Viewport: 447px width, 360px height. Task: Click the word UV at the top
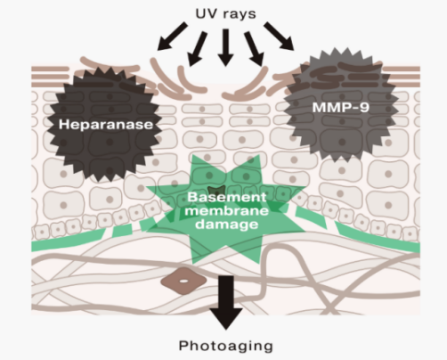point(206,13)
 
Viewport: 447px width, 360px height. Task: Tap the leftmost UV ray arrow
point(173,36)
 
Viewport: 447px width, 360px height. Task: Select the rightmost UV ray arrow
point(279,36)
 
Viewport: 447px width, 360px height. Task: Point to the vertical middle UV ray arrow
point(225,47)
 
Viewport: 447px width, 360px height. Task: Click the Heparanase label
point(106,125)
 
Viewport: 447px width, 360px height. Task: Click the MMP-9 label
point(341,107)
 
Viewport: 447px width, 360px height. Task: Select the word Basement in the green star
point(227,197)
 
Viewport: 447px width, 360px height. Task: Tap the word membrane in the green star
point(228,210)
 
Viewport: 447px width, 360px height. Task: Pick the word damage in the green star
point(227,225)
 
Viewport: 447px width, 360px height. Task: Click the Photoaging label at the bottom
point(225,346)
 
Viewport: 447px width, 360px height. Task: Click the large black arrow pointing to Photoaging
point(226,302)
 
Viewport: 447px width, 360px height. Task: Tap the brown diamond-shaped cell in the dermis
point(183,281)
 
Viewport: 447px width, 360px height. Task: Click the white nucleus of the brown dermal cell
point(183,281)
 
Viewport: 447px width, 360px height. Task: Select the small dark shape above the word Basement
point(216,191)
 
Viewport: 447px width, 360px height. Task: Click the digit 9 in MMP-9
point(365,107)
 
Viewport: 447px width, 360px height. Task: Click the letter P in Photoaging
point(183,346)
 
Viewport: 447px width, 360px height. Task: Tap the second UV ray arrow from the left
point(198,49)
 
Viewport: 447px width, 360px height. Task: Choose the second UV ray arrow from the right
point(254,49)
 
